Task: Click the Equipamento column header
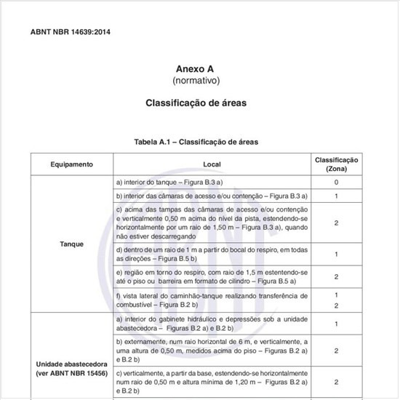pyautogui.click(x=71, y=164)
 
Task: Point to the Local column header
pyautogui.click(x=212, y=164)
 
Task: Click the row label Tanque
pyautogui.click(x=71, y=244)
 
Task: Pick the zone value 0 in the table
pyautogui.click(x=336, y=181)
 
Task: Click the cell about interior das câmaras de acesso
pyautogui.click(x=203, y=196)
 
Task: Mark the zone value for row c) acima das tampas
pyautogui.click(x=336, y=223)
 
